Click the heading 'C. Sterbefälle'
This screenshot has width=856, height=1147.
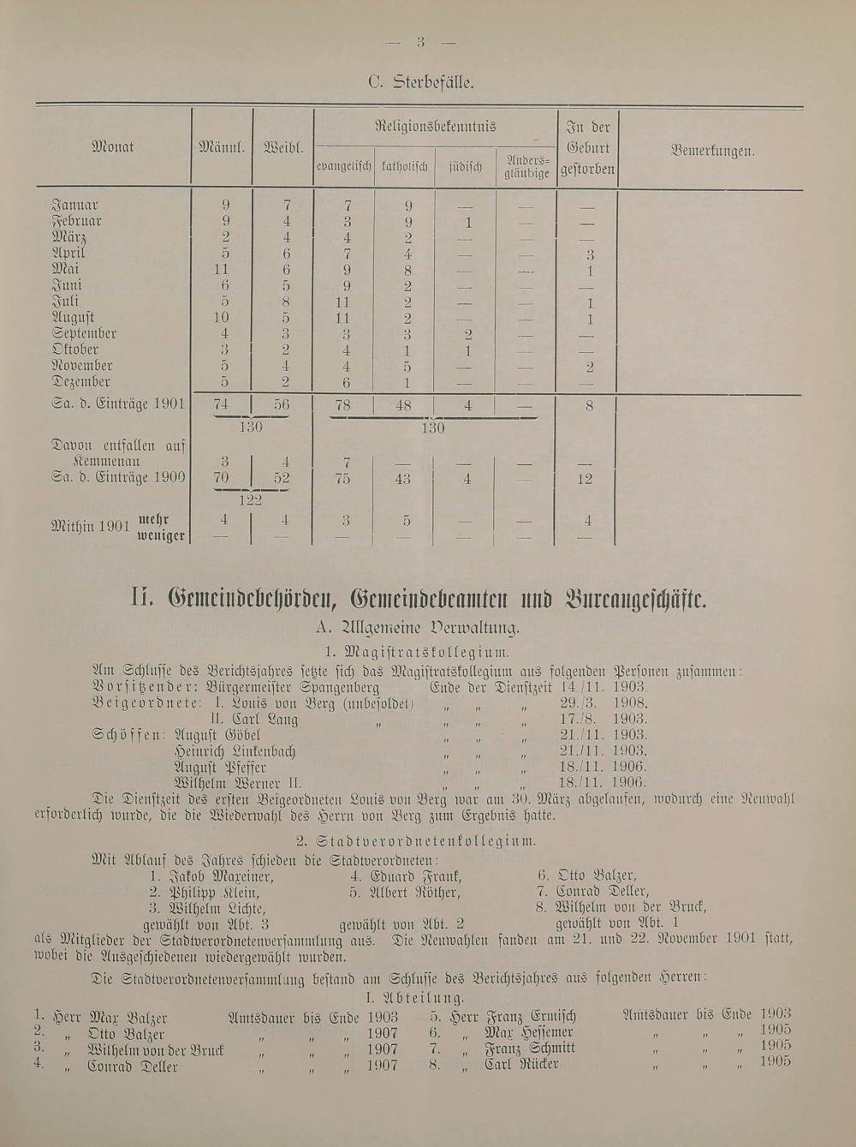point(420,83)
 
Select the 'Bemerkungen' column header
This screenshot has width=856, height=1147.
point(712,151)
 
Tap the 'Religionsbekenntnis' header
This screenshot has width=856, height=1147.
point(435,127)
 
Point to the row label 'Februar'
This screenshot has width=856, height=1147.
point(77,221)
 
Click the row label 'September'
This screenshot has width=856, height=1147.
point(84,333)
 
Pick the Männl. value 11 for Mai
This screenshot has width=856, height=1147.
point(224,269)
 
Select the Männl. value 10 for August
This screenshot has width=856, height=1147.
point(224,318)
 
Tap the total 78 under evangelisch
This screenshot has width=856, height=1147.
point(342,406)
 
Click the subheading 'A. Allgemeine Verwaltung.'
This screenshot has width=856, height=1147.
point(417,628)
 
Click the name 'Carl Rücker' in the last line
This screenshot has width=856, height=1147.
point(521,1065)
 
